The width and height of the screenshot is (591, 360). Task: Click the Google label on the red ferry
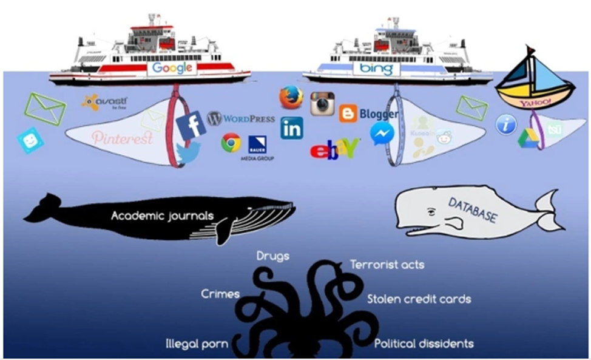click(x=172, y=68)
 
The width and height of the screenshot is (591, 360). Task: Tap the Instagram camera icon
click(x=323, y=104)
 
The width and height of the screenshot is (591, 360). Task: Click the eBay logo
click(x=334, y=149)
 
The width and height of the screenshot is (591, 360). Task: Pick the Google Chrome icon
click(x=231, y=143)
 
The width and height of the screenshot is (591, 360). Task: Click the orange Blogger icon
click(x=348, y=114)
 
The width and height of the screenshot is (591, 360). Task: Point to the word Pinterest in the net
click(x=122, y=138)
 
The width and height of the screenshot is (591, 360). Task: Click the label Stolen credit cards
click(x=419, y=299)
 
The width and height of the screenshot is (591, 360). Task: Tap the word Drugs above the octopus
click(x=272, y=256)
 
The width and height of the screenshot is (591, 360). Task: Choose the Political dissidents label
click(x=424, y=344)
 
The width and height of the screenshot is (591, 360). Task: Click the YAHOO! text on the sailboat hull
click(x=534, y=104)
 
